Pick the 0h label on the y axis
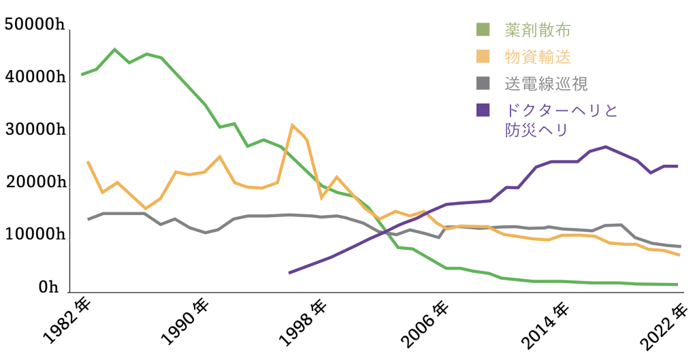tap(49, 288)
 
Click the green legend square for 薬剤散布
tap(483, 29)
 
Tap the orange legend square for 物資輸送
tap(483, 56)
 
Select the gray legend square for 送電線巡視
tap(483, 83)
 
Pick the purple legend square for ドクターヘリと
tap(483, 110)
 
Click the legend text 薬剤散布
tap(537, 30)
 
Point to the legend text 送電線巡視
tap(546, 84)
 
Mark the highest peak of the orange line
tap(293, 125)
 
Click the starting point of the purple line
tap(290, 272)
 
